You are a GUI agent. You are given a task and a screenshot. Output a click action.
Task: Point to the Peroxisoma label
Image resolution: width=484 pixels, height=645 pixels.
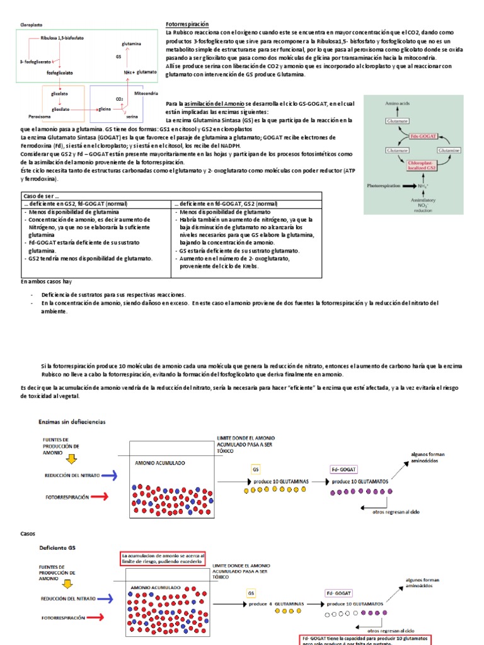[x=40, y=117]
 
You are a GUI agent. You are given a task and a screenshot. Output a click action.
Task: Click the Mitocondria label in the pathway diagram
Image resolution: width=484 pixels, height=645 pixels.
[x=147, y=93]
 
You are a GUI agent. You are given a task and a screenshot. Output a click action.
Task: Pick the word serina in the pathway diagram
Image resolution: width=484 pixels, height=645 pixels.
[x=132, y=117]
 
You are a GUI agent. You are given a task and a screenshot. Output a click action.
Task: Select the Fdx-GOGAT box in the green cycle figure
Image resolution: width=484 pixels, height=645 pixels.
[x=413, y=134]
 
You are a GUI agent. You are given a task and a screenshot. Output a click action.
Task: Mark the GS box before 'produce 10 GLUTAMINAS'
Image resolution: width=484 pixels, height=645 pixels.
[x=255, y=469]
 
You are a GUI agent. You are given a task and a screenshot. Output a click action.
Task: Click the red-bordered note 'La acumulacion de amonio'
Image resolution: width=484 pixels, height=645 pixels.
[x=164, y=559]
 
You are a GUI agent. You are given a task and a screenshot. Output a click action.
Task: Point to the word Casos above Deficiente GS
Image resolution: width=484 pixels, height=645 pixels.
[x=28, y=534]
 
